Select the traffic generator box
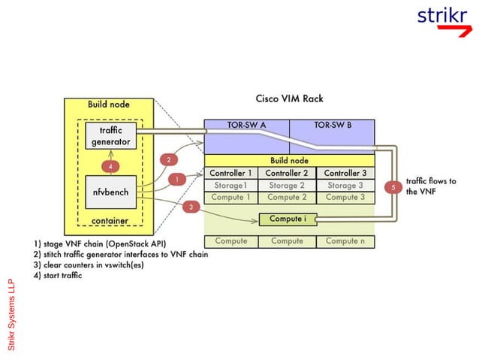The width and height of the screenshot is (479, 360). coord(110,136)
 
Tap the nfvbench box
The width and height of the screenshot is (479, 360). coord(110,192)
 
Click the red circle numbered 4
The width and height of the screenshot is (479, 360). coord(110,165)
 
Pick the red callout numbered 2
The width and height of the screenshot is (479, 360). coord(169,159)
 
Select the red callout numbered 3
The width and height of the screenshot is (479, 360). coord(191,207)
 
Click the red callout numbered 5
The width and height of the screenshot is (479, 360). coord(393,186)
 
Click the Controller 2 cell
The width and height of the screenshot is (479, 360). coord(287,174)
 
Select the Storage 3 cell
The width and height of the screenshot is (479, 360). coord(345,186)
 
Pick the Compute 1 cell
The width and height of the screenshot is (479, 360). coord(230,198)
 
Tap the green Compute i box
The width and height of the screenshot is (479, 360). coord(288,219)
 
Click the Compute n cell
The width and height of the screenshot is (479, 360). coord(345,241)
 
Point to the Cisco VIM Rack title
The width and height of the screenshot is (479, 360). coord(289,98)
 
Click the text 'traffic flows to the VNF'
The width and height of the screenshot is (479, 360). coord(431,186)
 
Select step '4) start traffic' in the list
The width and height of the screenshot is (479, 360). coord(59,276)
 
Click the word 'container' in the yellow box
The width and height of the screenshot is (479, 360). coord(110,221)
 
